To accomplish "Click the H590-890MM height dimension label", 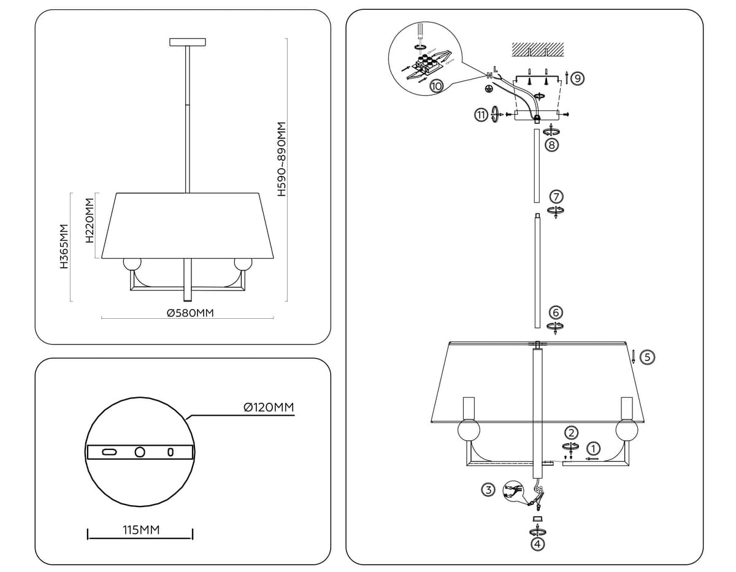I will [282, 158].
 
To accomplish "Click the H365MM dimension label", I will [63, 246].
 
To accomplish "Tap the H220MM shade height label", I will [90, 221].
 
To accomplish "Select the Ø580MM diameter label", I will [190, 313].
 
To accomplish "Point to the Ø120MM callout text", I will [268, 407].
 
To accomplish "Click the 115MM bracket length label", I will [141, 530].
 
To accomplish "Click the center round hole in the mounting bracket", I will [140, 452].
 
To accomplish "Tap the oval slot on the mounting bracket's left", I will [109, 452].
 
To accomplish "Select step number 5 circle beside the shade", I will [647, 357].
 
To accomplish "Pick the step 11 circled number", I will [481, 115].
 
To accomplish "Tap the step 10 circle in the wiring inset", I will [436, 86].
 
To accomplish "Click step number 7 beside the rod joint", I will [556, 197].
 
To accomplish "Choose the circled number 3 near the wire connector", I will [488, 489].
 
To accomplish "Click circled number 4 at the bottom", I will [538, 543].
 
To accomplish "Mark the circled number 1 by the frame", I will [593, 448].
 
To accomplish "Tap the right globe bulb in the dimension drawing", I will [242, 264].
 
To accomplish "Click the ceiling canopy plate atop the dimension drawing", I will [187, 42].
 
